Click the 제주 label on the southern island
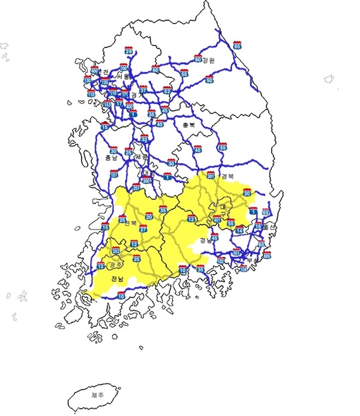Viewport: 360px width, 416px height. pos(97,395)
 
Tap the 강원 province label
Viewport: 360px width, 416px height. pos(208,60)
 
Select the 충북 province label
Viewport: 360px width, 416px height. pos(188,125)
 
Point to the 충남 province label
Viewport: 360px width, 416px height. pos(111,158)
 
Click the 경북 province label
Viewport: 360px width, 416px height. pos(227,176)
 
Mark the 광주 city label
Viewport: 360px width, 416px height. pos(116,264)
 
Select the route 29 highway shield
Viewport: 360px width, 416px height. pos(128,51)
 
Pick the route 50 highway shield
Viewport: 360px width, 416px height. pos(209,79)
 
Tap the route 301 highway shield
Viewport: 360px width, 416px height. pos(211,175)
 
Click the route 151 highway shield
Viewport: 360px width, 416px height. pos(113,174)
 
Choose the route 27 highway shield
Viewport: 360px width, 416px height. pos(143,228)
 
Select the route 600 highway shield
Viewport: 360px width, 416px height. pos(267,255)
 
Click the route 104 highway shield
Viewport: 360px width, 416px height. pos(243,269)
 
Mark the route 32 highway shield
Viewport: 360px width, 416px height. pos(144,138)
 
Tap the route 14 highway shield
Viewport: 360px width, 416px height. pos(239,230)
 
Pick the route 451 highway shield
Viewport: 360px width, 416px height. pos(217,219)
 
